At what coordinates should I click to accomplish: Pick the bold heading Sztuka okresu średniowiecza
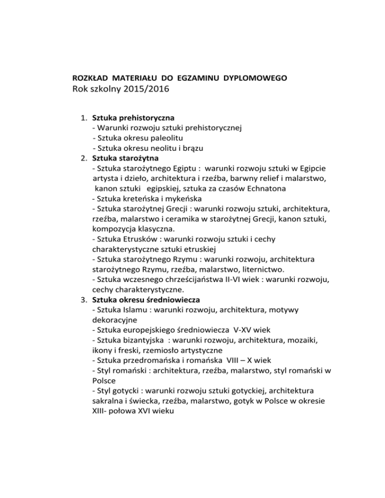click(146, 300)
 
